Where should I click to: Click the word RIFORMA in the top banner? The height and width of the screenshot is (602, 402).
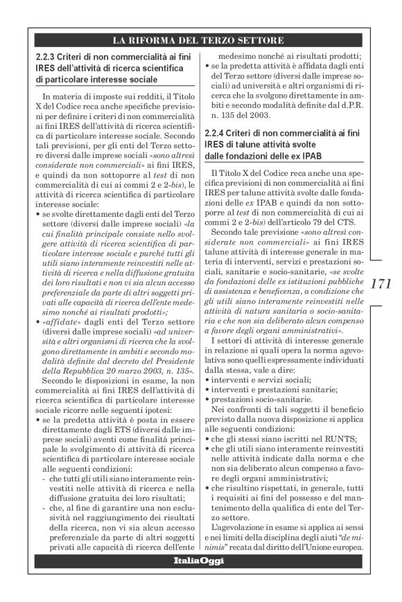coord(164,38)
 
